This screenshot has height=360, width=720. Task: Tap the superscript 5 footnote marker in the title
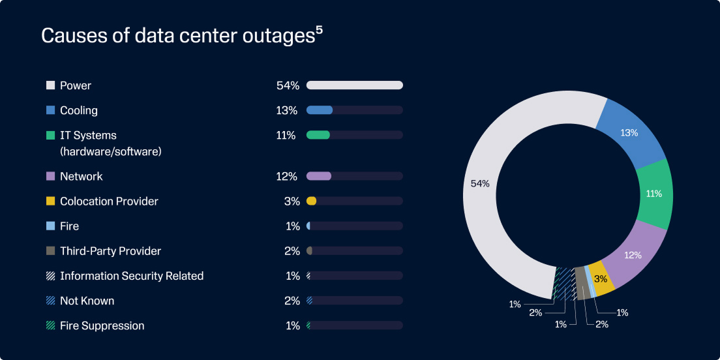tap(319, 30)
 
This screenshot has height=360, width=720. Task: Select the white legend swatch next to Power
tap(50, 85)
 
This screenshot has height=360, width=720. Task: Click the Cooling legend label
tap(78, 110)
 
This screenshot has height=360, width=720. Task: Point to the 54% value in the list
tap(287, 85)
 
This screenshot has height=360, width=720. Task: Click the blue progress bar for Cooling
tap(320, 110)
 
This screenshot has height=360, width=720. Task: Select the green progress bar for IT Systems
tap(318, 135)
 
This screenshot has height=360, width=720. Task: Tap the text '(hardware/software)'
tap(110, 151)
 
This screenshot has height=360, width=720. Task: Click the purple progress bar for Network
tap(319, 176)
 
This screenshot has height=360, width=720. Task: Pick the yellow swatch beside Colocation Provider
tap(50, 201)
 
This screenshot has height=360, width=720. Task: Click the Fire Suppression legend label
tap(102, 325)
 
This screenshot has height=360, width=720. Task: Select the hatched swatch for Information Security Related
tap(50, 276)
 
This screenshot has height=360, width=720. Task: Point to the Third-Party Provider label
tap(110, 251)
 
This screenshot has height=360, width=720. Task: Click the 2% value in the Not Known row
tap(292, 301)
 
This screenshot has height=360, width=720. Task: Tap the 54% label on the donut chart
tap(480, 184)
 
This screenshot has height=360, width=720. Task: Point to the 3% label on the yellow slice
tap(601, 278)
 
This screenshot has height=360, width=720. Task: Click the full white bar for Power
tap(355, 85)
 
